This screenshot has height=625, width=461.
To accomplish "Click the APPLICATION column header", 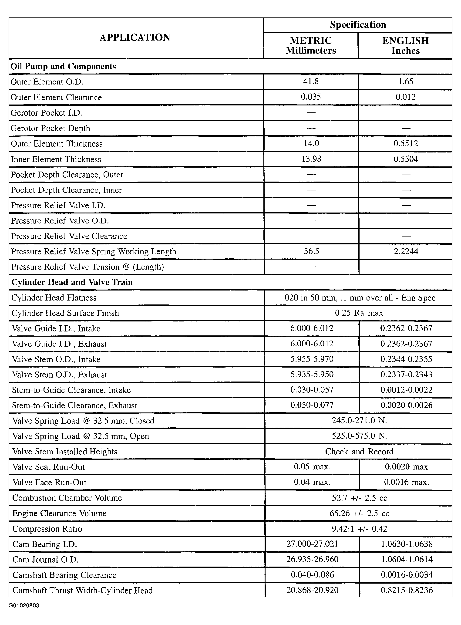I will coord(135,37).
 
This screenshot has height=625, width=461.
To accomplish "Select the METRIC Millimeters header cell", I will coord(311,45).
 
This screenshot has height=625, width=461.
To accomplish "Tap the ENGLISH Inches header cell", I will coord(405,45).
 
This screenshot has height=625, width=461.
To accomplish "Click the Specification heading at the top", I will coord(358,25).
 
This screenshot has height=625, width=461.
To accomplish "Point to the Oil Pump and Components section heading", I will coord(63,66).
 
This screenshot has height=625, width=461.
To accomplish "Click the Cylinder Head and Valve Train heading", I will coord(72,282).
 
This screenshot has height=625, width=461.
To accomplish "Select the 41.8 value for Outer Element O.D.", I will coord(311,81).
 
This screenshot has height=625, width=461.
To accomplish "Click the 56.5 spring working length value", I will coord(311,251).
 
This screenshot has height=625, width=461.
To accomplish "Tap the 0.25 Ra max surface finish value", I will coord(359,313).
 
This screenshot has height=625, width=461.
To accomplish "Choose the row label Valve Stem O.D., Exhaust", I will coord(59,375).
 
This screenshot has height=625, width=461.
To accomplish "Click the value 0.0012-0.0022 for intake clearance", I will coord(406,390).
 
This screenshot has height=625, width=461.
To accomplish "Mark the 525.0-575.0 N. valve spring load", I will coord(359,436).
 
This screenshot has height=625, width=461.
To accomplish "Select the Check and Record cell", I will coord(359,451).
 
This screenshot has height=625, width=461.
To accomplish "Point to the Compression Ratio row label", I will coord(47,529).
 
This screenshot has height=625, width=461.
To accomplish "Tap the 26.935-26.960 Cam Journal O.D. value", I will coord(312,559).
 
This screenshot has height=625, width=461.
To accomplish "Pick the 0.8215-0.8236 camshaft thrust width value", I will coord(407,590).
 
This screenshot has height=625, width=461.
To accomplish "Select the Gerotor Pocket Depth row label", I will coord(50,128).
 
